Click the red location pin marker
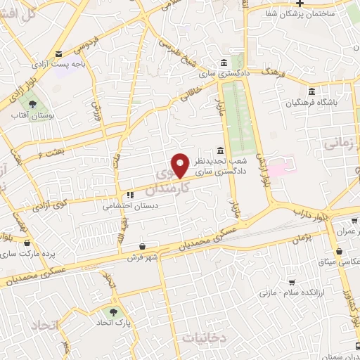point(181,165)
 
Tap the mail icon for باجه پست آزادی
point(59,53)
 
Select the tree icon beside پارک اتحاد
point(111,311)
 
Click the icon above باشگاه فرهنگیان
point(312,91)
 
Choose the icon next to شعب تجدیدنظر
point(221,151)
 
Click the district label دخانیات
point(204,337)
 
